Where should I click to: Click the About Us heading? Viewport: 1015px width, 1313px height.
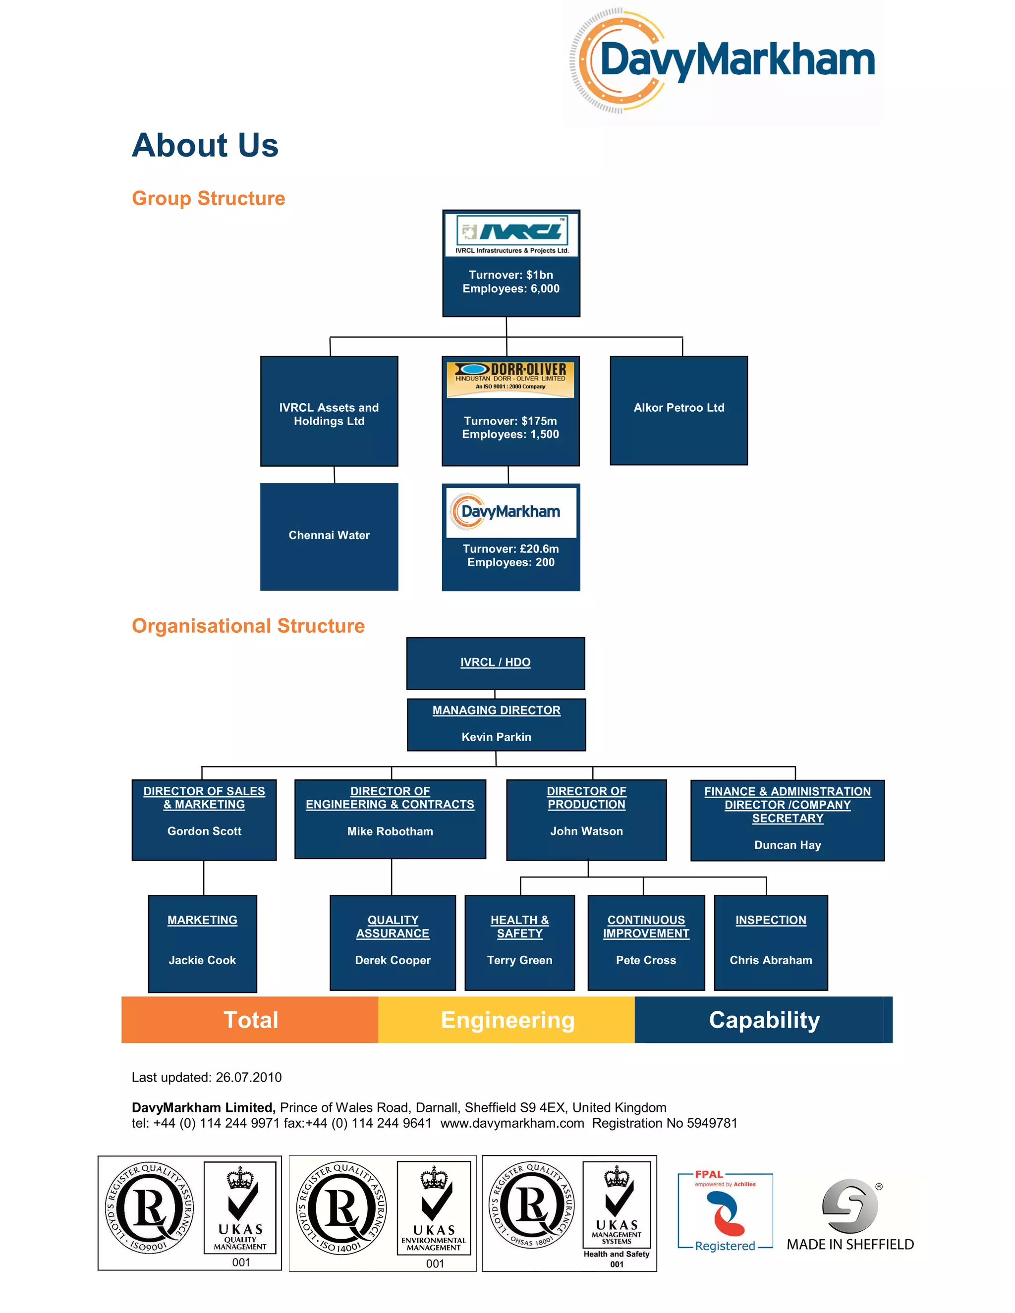click(205, 146)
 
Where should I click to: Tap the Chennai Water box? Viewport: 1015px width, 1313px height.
click(329, 536)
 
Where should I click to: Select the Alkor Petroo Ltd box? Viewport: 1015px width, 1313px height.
click(678, 410)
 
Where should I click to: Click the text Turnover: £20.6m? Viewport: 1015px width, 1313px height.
click(510, 549)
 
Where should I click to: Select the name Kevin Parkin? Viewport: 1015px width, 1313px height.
click(496, 737)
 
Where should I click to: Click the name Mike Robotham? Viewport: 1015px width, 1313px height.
click(390, 831)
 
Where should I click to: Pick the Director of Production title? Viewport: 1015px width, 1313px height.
click(586, 798)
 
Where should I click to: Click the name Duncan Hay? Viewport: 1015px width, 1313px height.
click(787, 845)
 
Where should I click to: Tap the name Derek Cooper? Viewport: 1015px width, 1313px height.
click(393, 960)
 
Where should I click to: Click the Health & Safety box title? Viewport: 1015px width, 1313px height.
click(519, 927)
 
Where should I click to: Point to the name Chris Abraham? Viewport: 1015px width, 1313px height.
click(770, 960)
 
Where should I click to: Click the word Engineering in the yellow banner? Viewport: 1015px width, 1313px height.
click(507, 1020)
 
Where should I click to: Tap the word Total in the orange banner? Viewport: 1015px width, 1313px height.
click(251, 1020)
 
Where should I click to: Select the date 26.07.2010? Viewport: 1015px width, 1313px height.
click(248, 1077)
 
